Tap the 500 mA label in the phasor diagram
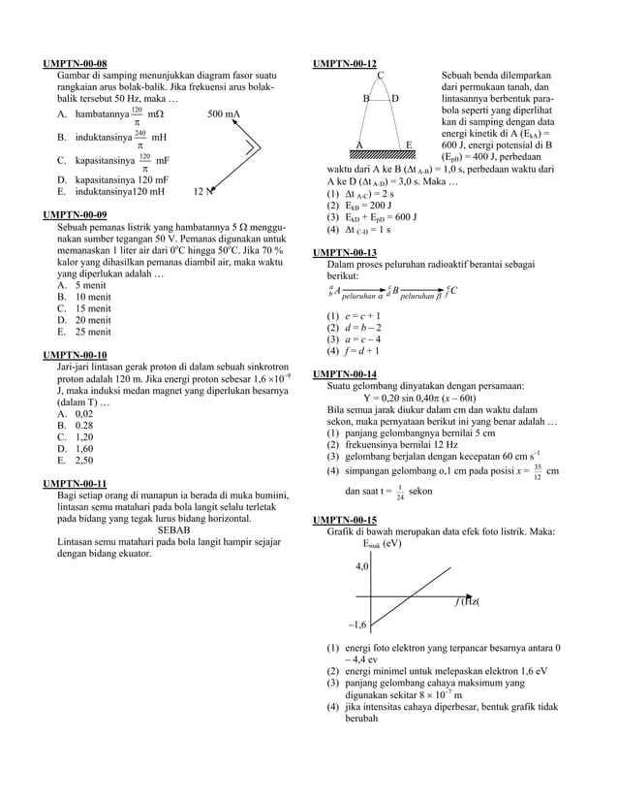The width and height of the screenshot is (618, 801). pyautogui.click(x=224, y=114)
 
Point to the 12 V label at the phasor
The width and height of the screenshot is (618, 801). pyautogui.click(x=202, y=192)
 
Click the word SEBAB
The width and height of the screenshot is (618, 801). pyautogui.click(x=174, y=530)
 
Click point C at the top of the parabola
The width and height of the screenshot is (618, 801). pyautogui.click(x=381, y=76)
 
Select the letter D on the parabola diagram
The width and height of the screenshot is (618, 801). pyautogui.click(x=395, y=99)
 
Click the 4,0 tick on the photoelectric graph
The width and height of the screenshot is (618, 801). pyautogui.click(x=361, y=565)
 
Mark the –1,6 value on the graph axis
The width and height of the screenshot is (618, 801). pyautogui.click(x=357, y=625)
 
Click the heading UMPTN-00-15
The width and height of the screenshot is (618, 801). pyautogui.click(x=344, y=521)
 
